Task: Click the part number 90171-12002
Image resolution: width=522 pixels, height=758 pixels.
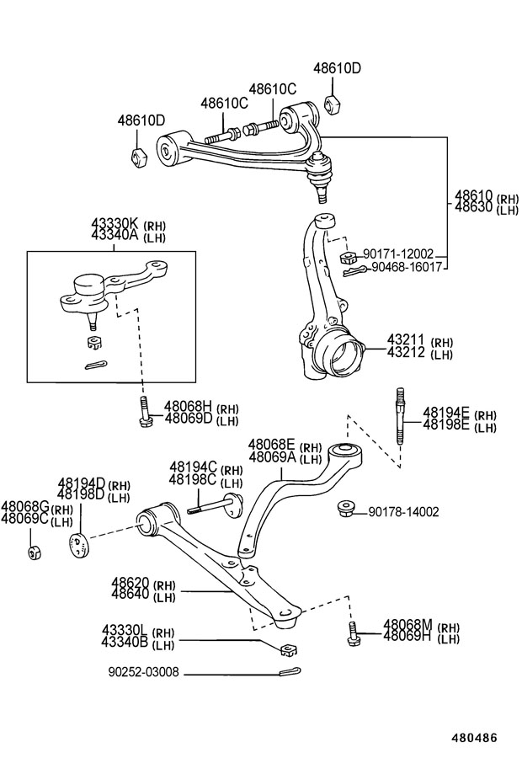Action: [x=398, y=254]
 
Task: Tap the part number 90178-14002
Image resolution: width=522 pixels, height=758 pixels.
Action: [x=403, y=511]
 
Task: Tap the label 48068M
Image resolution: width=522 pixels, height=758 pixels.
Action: [x=407, y=625]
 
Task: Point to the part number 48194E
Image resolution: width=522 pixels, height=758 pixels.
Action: [x=445, y=413]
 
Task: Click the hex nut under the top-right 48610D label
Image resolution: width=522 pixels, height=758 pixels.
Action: [x=331, y=104]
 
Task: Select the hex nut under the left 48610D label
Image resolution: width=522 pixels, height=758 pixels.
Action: [x=141, y=157]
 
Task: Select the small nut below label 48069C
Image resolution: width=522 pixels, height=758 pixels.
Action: [x=35, y=552]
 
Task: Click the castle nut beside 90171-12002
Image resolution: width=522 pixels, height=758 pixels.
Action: [x=347, y=256]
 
